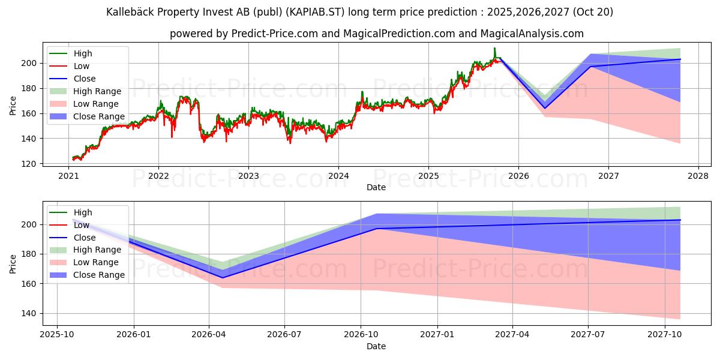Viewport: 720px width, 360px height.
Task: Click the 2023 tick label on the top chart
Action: click(248, 176)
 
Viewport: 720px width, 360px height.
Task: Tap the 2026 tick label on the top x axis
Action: click(518, 176)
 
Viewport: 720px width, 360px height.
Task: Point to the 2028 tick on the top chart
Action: click(698, 176)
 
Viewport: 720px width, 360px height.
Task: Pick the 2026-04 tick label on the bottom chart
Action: click(209, 335)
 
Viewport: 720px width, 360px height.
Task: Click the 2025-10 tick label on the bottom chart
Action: click(57, 335)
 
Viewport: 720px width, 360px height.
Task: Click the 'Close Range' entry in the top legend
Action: click(99, 116)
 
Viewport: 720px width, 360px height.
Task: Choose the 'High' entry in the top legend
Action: click(83, 53)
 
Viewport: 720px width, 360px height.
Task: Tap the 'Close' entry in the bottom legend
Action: click(85, 238)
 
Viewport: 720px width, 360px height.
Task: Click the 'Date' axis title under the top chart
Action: click(376, 187)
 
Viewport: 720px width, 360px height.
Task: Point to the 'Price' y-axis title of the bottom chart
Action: click(13, 263)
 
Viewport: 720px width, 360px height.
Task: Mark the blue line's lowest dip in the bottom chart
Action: click(223, 277)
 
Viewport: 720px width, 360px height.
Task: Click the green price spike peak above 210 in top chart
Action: click(494, 48)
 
